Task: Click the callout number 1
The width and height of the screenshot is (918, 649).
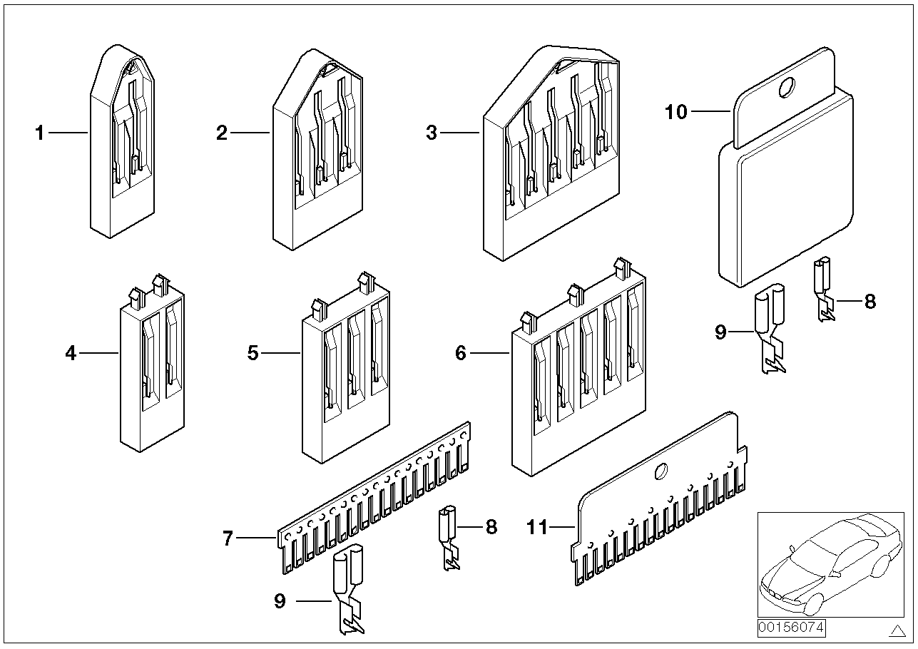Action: pos(40,133)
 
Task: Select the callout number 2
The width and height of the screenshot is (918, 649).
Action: pos(222,133)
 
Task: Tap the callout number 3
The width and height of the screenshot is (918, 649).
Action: pos(431,133)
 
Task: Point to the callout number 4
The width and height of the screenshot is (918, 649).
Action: pos(70,353)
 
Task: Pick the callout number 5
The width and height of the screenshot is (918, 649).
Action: pos(253,353)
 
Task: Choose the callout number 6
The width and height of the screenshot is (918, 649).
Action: pos(461,353)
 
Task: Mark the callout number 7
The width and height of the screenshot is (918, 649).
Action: pos(228,539)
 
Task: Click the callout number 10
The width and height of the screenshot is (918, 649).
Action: pos(676,112)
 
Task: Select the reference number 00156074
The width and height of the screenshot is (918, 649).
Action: pos(790,628)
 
